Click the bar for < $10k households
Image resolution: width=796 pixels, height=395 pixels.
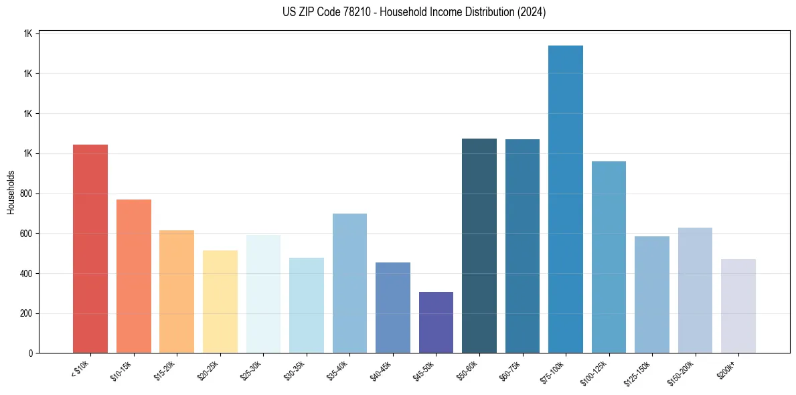(90, 248)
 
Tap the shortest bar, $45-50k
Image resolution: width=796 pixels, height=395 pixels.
(436, 322)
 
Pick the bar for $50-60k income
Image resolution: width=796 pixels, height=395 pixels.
(479, 246)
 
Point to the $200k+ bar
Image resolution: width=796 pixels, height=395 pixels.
(738, 306)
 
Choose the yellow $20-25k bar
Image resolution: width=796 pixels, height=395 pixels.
(220, 301)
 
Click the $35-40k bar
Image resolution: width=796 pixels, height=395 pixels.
(349, 283)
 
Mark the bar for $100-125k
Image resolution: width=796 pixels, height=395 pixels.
(609, 257)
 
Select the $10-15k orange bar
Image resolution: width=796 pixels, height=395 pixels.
(134, 276)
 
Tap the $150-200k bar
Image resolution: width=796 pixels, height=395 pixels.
(695, 290)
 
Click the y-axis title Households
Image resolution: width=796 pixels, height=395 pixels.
(11, 192)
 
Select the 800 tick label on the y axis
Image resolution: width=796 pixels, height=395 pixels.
(27, 193)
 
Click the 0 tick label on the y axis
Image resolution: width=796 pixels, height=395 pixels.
(31, 353)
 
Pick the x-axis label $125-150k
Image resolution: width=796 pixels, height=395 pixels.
(640, 373)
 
